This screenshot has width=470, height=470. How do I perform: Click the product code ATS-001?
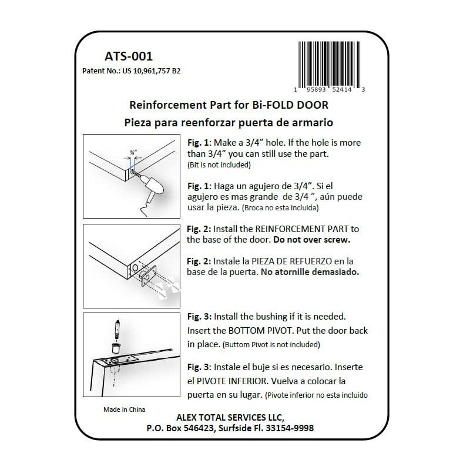pyautogui.click(x=128, y=57)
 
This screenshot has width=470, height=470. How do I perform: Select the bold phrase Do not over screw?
pyautogui.click(x=320, y=240)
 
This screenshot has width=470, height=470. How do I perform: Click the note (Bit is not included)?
pyautogui.click(x=217, y=165)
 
